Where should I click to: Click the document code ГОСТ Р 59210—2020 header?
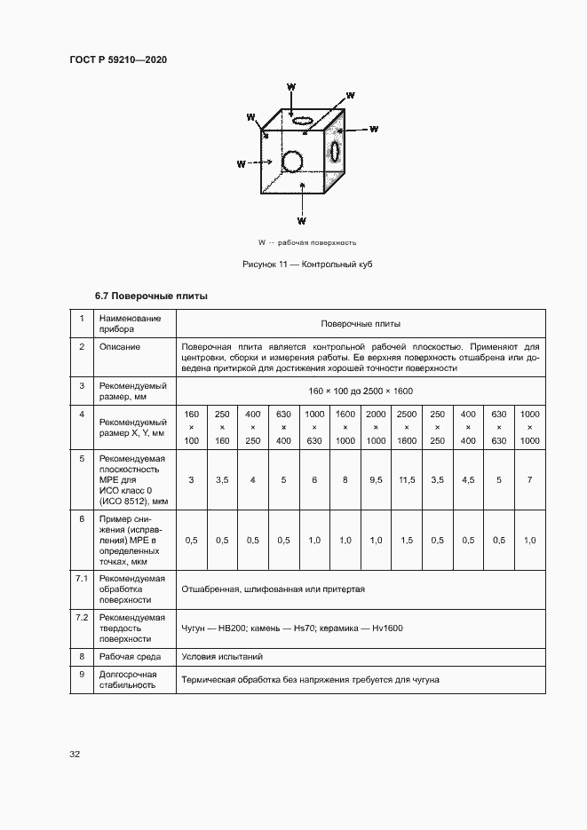point(118,60)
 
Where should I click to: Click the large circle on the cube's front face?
point(291,161)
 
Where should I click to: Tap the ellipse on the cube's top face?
point(303,119)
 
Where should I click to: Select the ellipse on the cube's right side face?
point(336,151)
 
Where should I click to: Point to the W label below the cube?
point(302,220)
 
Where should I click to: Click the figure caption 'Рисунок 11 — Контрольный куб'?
point(306,265)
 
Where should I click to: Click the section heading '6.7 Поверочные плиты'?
point(151,296)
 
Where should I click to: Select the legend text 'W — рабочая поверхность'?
point(306,241)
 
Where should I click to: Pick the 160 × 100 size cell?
point(192,428)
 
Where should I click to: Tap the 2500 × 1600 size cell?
point(407,428)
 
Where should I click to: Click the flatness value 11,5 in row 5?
point(407,480)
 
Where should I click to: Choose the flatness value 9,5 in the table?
point(376,480)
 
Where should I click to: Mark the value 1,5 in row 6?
point(407,541)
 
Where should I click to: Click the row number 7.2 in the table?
point(82,616)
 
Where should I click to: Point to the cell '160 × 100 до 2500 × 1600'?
point(361,391)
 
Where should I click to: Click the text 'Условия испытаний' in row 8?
point(221,657)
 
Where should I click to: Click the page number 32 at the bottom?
point(75,755)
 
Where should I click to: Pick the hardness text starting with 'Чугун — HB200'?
point(292,628)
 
